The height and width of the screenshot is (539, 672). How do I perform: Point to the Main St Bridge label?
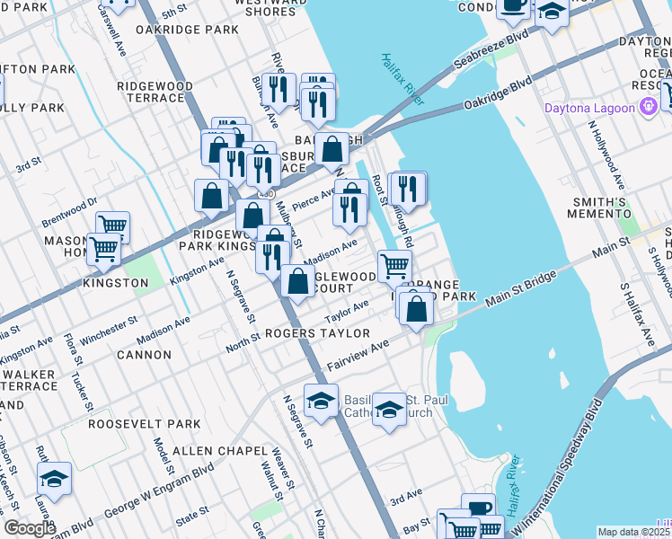click(517, 292)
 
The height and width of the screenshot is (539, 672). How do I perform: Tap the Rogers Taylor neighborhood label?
click(317, 333)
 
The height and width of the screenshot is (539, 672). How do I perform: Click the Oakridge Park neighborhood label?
click(187, 30)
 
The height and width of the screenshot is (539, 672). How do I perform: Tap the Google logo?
click(29, 528)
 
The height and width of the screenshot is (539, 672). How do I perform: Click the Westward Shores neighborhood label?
click(252, 7)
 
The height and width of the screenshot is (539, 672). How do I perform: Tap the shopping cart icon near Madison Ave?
click(394, 267)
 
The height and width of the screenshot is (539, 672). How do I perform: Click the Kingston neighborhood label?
click(115, 283)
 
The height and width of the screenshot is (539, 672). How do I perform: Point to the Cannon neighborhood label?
click(144, 355)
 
